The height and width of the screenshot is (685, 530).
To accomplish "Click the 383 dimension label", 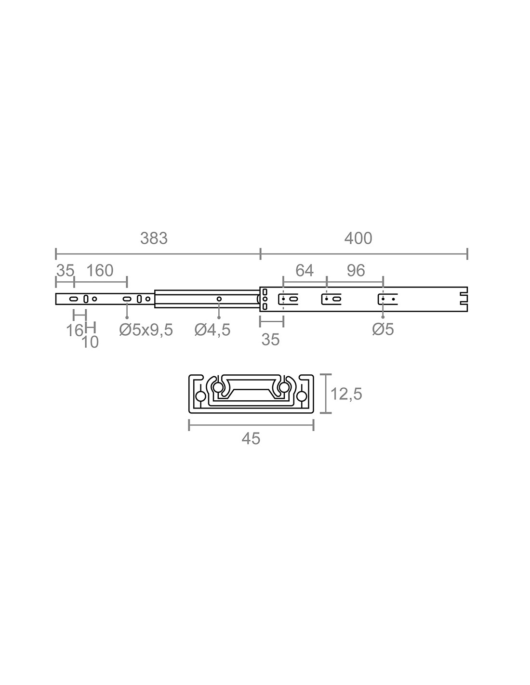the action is pyautogui.click(x=154, y=238).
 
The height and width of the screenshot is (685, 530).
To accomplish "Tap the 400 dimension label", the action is pyautogui.click(x=358, y=238).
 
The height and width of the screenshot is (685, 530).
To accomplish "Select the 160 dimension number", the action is pyautogui.click(x=100, y=271).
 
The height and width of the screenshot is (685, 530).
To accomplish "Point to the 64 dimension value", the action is pyautogui.click(x=305, y=271).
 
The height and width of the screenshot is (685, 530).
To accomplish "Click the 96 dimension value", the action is pyautogui.click(x=356, y=271).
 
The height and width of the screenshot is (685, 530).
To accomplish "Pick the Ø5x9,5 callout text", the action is pyautogui.click(x=146, y=330).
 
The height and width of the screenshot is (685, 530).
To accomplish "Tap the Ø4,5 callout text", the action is pyautogui.click(x=212, y=330).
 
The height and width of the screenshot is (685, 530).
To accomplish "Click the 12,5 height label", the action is pyautogui.click(x=346, y=394).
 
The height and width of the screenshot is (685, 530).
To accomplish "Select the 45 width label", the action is pyautogui.click(x=251, y=439).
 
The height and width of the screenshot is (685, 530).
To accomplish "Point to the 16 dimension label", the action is pyautogui.click(x=74, y=330).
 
